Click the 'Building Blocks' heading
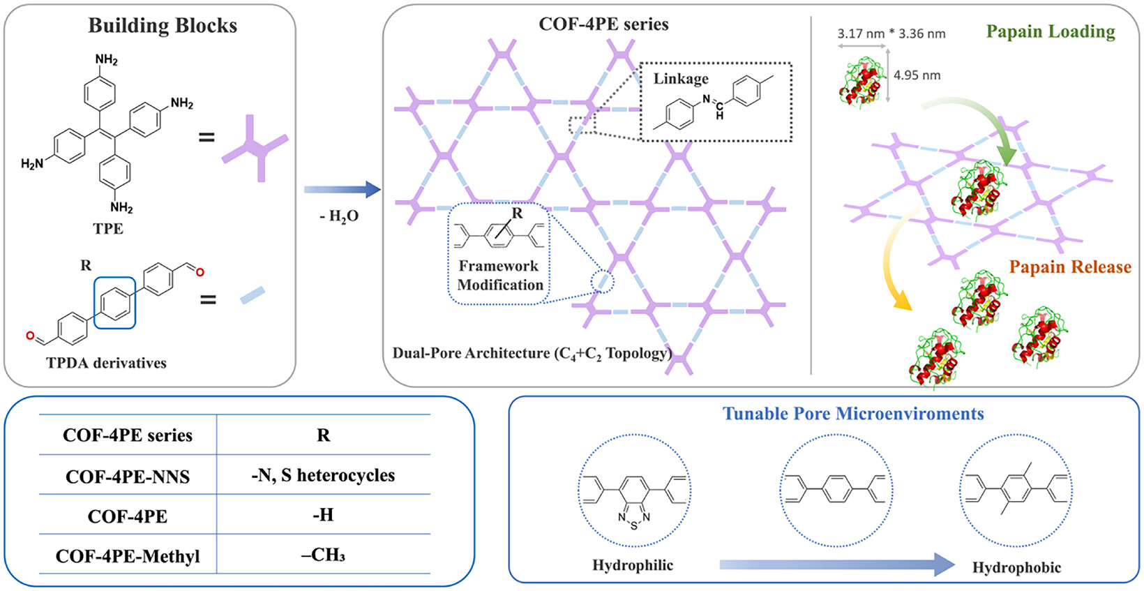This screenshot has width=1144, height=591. coord(163,26)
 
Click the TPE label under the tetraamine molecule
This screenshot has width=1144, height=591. coord(107,228)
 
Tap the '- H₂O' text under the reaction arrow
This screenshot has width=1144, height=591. coord(339,216)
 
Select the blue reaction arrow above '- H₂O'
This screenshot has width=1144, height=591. coord(343,190)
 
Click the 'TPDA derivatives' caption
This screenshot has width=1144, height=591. coord(106,363)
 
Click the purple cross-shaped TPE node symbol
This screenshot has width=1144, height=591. coord(255,148)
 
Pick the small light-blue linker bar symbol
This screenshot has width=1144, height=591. coord(253,296)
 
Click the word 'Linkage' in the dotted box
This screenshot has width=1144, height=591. coord(681,79)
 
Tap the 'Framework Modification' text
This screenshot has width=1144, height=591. coord(500,276)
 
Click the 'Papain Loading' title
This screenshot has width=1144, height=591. coord(1051,31)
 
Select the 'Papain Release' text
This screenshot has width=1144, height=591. coord(1071,267)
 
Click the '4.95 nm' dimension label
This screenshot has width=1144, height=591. coord(917,75)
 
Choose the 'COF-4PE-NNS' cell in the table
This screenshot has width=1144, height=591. coord(128,477)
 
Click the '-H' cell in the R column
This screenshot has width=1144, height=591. coord(323,514)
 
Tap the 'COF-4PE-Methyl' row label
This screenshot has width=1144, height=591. coord(128,555)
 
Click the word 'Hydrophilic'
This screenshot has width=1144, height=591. coord(633,565)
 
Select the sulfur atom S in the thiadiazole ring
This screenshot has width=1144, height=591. coord(634,525)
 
